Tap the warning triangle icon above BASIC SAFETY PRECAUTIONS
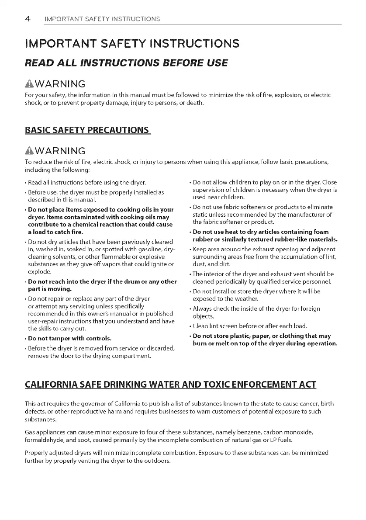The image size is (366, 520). (x=33, y=83)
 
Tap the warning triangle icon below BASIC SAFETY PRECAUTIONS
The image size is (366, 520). (x=33, y=151)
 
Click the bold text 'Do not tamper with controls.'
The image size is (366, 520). (x=69, y=338)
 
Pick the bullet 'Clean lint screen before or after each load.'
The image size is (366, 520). (x=249, y=326)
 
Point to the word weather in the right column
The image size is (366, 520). (x=246, y=298)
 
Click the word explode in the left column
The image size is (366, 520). (x=39, y=271)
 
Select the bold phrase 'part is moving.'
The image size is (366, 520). (x=50, y=289)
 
